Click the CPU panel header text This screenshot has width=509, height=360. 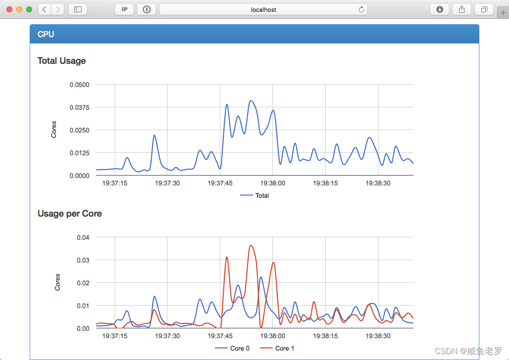46,34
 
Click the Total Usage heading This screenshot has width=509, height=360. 62,61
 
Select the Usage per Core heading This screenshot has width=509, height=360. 70,214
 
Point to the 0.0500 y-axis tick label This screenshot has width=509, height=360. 79,85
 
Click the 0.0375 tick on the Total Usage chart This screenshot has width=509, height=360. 79,107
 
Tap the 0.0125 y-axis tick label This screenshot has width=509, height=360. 79,153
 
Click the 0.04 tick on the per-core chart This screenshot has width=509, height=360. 83,237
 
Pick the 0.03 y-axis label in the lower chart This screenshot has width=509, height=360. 83,260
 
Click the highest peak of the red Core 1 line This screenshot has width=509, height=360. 251,245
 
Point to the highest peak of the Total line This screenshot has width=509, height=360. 251,101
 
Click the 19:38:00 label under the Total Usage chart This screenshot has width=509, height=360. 273,183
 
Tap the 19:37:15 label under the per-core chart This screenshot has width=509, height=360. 115,336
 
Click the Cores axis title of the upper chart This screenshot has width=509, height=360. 54,130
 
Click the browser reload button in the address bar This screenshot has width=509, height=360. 361,9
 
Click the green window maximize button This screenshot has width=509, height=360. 29,9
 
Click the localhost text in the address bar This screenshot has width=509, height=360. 263,9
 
